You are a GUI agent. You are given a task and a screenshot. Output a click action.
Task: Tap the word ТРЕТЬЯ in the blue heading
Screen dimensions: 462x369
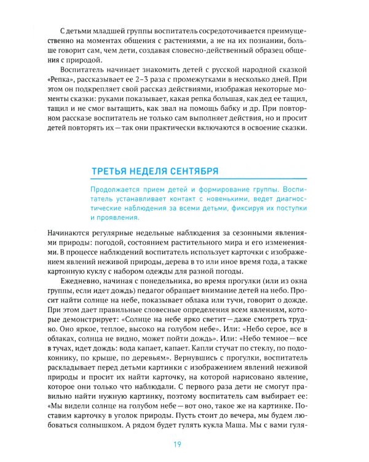[x=111, y=171]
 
